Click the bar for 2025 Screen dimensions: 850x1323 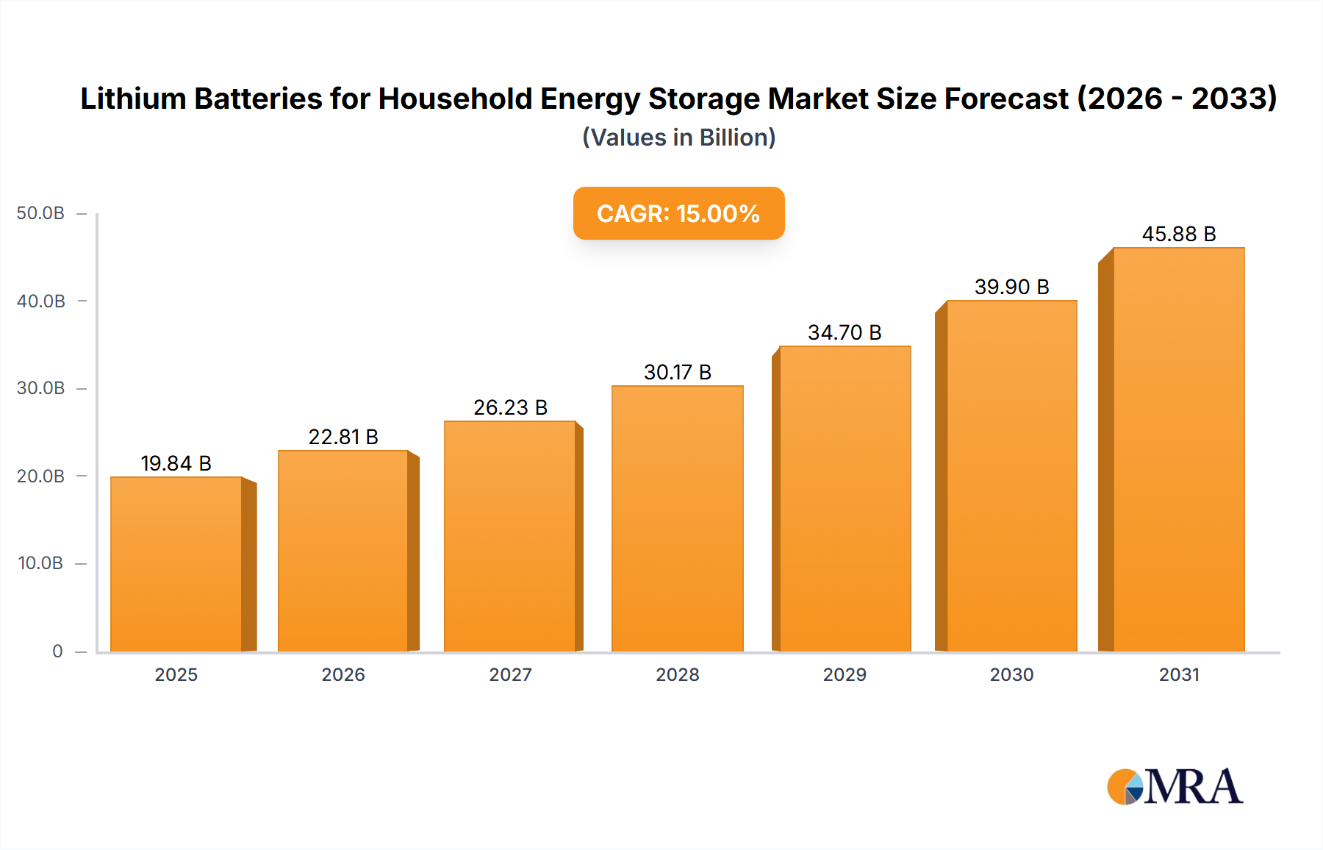(176, 565)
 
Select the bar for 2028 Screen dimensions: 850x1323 (677, 518)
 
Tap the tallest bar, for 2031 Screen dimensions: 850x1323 (1178, 450)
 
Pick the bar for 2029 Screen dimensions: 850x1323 (845, 499)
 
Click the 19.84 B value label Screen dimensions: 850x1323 (176, 463)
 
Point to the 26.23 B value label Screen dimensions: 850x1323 (510, 407)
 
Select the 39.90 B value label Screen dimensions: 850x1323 (1011, 287)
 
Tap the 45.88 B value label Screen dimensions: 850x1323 (1178, 234)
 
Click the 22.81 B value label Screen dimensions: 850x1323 (343, 437)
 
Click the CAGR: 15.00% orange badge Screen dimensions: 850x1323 (678, 213)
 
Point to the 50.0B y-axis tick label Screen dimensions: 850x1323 (40, 213)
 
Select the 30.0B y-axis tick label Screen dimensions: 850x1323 (40, 388)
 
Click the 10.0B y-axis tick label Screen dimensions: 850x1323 (40, 563)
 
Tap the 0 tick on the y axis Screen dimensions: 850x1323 (57, 651)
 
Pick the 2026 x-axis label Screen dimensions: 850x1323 (343, 674)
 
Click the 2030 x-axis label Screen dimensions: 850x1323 (1011, 674)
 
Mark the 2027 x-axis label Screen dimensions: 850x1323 (510, 674)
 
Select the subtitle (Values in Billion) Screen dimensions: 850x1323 (678, 137)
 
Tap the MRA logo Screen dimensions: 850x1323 (1175, 787)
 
